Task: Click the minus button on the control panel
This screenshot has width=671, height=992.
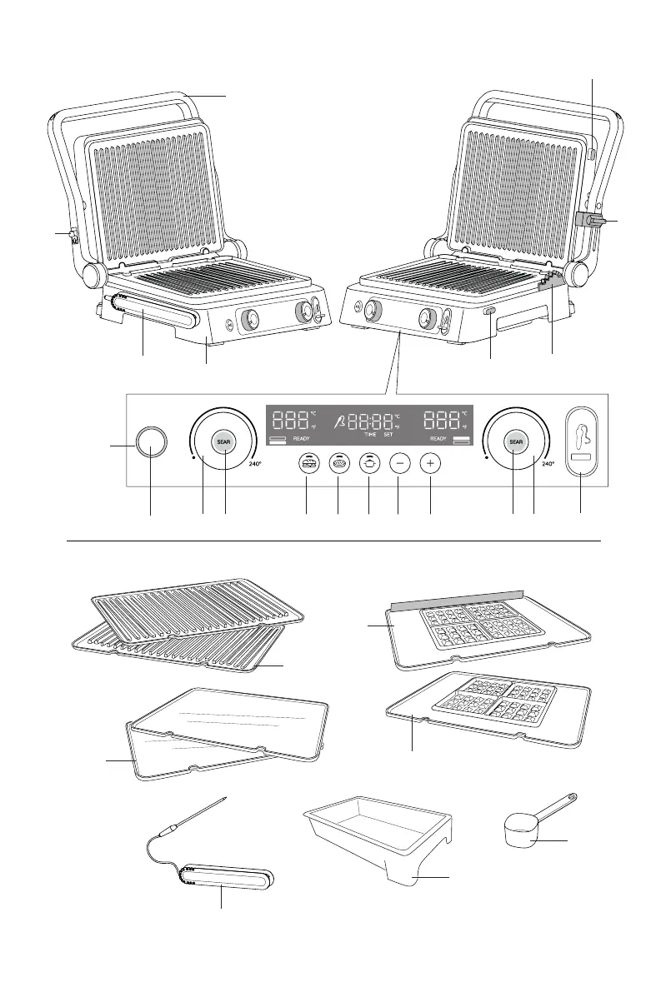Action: (399, 465)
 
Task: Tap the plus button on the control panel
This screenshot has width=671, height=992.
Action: (429, 465)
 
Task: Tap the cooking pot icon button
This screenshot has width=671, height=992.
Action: (368, 465)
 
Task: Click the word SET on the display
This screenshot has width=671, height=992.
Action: (388, 436)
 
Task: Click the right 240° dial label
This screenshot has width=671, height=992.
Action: (547, 463)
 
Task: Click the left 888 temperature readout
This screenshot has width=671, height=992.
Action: (290, 419)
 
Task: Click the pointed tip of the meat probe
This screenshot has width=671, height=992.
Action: (225, 799)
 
